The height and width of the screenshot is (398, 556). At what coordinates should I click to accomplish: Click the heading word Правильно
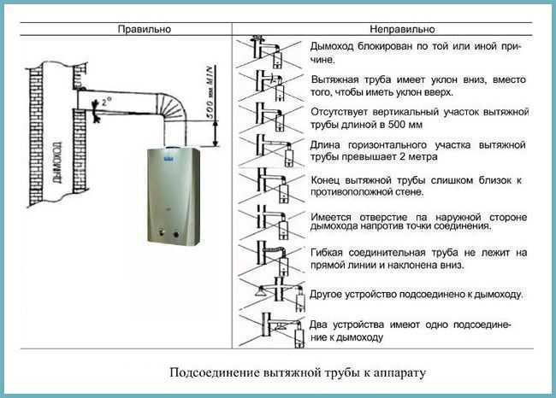click(x=144, y=29)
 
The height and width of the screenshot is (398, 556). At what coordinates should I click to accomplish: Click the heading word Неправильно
click(x=402, y=29)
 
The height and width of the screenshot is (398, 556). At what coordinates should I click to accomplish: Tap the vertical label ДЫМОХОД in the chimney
click(x=56, y=162)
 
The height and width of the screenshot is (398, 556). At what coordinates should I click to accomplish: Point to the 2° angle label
click(x=106, y=102)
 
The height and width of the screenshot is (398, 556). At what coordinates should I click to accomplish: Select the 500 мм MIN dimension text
click(x=210, y=93)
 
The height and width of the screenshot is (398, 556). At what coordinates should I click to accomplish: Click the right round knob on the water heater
click(x=176, y=234)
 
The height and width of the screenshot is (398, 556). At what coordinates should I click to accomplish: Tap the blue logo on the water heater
click(x=169, y=159)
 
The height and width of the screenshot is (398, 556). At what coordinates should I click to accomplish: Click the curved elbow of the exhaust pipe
click(x=173, y=106)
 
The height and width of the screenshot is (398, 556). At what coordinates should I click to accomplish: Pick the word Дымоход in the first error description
click(x=332, y=46)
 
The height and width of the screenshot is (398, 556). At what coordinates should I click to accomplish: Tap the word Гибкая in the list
click(x=327, y=253)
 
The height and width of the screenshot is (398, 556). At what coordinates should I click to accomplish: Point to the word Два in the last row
click(x=318, y=325)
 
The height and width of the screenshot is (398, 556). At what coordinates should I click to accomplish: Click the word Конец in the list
click(x=325, y=180)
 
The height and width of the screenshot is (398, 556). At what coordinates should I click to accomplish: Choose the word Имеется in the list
click(x=331, y=217)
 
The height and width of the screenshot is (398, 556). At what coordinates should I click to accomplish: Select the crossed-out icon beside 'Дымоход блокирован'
click(x=269, y=52)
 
